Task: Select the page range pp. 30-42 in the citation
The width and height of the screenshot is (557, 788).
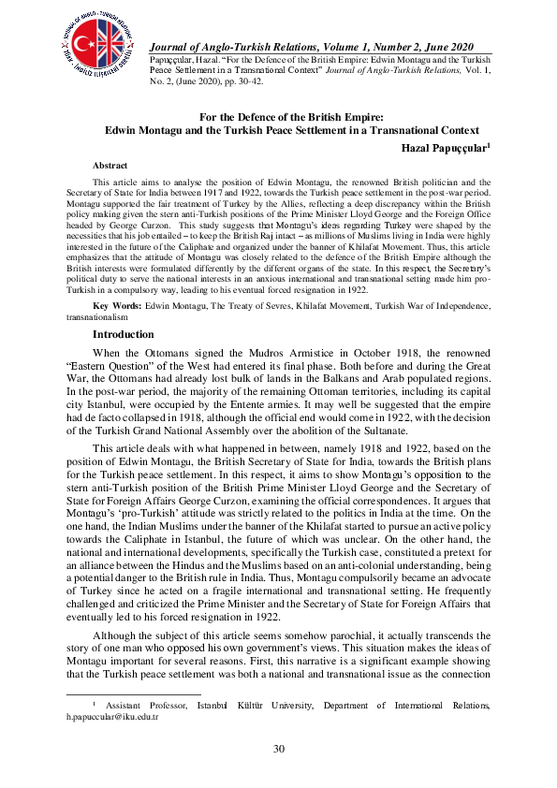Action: click(242, 80)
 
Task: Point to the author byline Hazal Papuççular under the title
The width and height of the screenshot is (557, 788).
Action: click(445, 147)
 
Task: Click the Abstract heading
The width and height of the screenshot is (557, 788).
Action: click(110, 165)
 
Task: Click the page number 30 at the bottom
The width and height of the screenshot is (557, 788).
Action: click(278, 749)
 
